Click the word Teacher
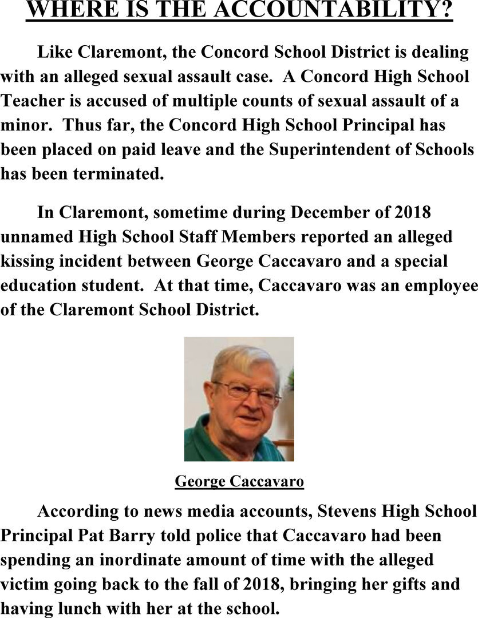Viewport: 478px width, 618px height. coord(33,101)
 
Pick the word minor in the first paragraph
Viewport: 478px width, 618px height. coord(21,125)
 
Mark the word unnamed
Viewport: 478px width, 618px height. coord(34,236)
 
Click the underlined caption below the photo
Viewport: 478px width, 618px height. coord(239,481)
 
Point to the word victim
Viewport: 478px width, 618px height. coord(24,584)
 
